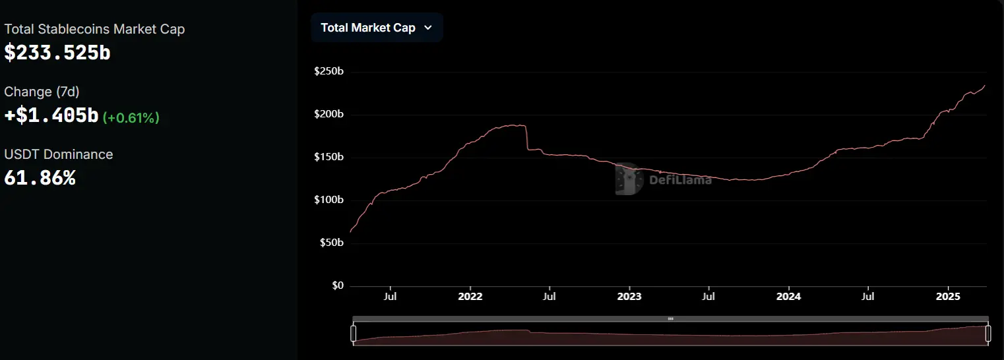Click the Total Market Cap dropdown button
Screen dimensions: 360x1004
click(376, 28)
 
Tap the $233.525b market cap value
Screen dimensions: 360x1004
click(57, 53)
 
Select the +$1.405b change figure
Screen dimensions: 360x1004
click(51, 116)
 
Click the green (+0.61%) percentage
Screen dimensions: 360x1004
click(131, 117)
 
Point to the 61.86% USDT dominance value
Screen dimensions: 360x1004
click(40, 178)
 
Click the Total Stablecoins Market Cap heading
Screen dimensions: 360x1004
click(94, 29)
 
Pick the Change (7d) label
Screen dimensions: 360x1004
click(42, 92)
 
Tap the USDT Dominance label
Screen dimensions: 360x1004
click(59, 154)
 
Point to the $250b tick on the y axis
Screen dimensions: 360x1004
click(329, 71)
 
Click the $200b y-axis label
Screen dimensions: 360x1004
click(329, 114)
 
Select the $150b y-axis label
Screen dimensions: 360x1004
click(329, 157)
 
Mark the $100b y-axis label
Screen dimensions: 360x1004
click(329, 200)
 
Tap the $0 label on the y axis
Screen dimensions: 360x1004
click(337, 285)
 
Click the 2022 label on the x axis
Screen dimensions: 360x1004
click(470, 297)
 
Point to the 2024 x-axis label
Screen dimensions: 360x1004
click(788, 297)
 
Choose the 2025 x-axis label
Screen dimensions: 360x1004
click(948, 297)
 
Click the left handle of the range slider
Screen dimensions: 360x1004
click(353, 334)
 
